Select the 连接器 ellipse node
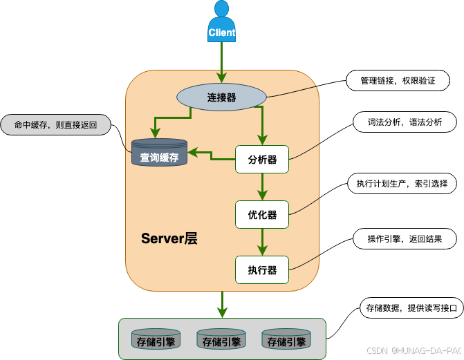(x=221, y=98)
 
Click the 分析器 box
(x=262, y=160)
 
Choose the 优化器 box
(x=262, y=215)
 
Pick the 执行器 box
(x=262, y=269)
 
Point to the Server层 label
(x=169, y=239)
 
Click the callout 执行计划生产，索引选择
(x=402, y=184)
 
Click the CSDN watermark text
(x=414, y=350)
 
